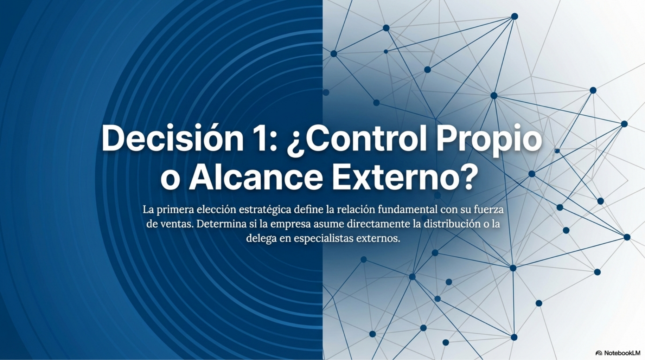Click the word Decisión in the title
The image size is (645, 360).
tap(172, 138)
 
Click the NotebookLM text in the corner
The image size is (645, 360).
tap(622, 353)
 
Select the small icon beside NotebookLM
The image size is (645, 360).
tap(599, 353)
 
